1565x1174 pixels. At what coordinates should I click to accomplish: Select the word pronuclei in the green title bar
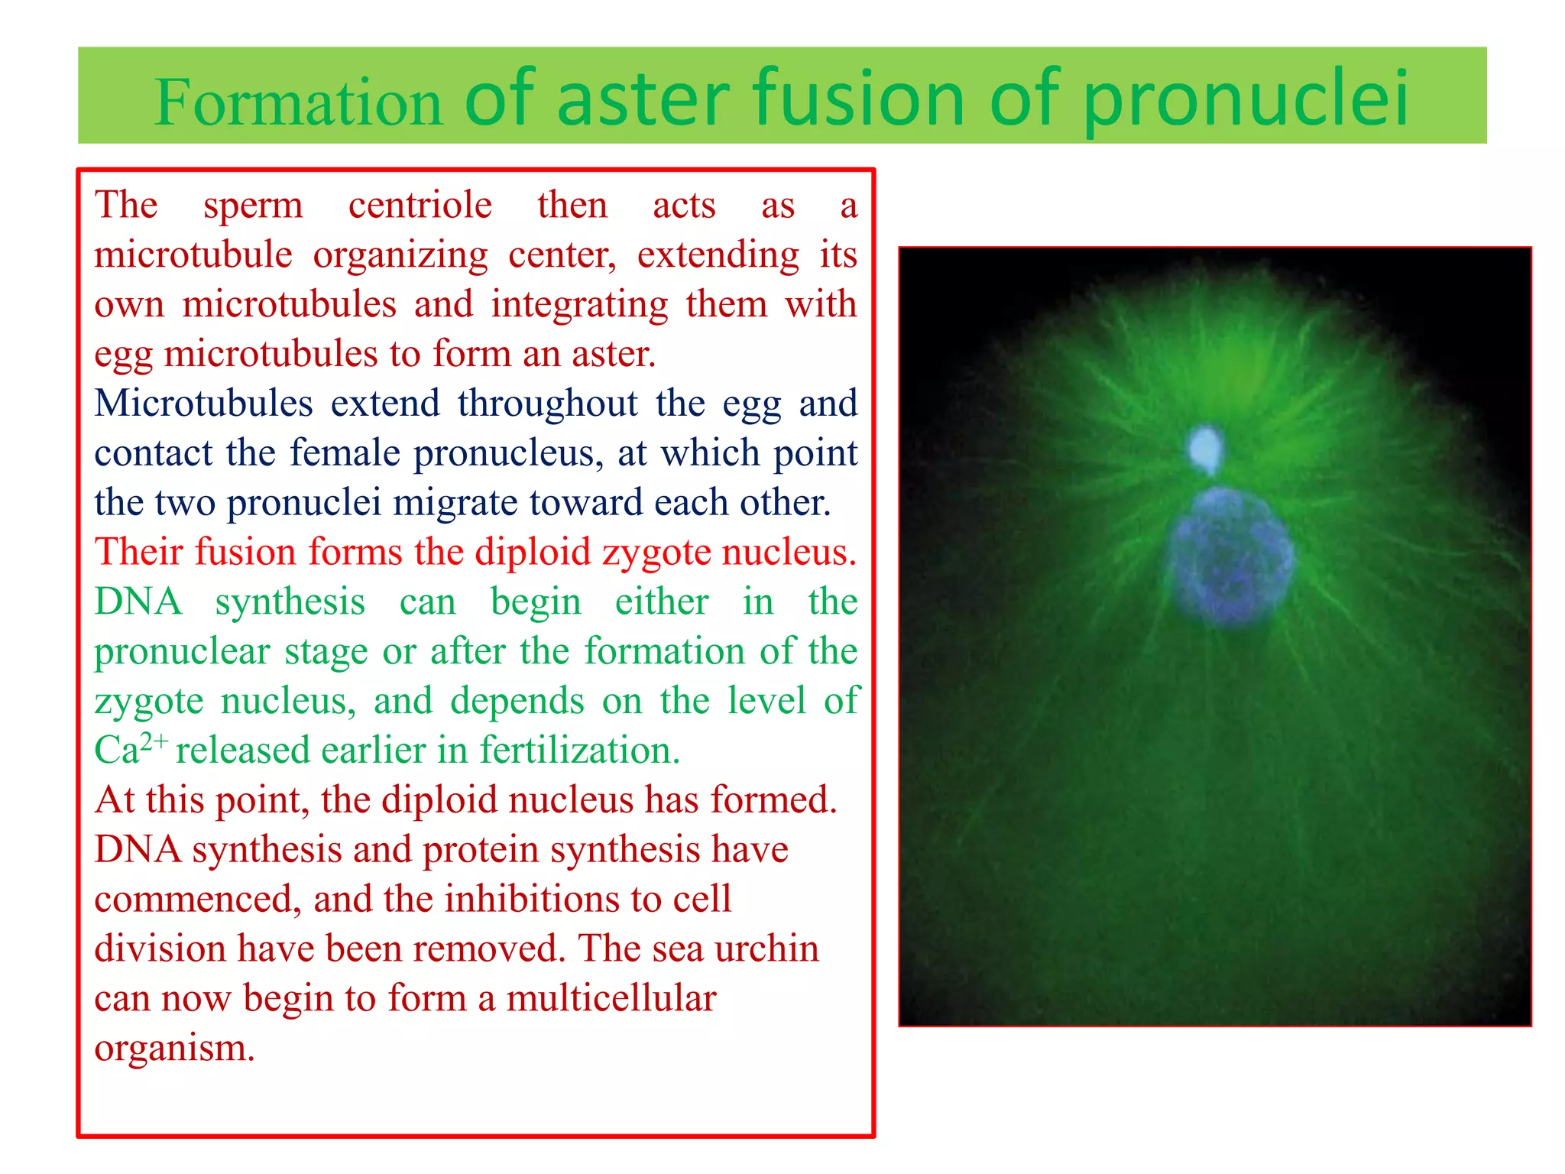[1246, 99]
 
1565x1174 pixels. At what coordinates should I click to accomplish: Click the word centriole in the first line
[420, 206]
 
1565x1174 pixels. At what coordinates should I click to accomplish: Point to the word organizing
[400, 256]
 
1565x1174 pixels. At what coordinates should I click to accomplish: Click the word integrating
[579, 305]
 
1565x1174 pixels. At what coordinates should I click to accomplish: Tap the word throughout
[547, 404]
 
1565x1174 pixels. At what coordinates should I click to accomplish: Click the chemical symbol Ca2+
[130, 749]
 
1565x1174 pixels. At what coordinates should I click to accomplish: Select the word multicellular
[611, 998]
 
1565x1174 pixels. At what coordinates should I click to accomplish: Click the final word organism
[174, 1048]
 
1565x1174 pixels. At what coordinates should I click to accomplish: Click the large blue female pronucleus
[1230, 556]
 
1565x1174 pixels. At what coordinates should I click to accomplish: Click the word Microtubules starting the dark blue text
[203, 404]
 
